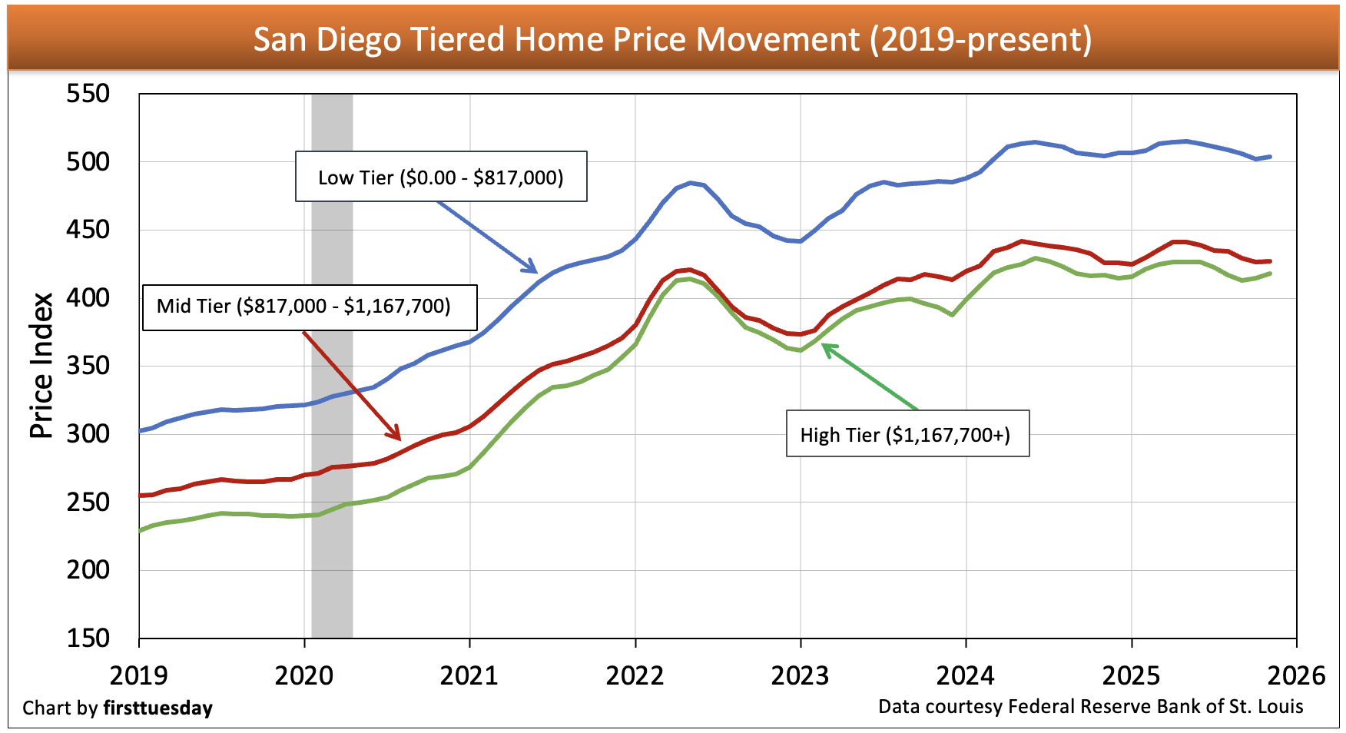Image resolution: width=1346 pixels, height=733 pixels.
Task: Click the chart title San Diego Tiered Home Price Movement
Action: [672, 39]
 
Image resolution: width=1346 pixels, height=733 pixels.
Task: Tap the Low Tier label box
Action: [441, 177]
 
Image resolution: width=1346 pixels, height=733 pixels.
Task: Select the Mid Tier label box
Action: [309, 307]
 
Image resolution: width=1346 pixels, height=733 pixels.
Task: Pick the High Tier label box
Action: [907, 435]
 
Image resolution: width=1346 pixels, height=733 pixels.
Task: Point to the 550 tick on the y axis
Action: [88, 94]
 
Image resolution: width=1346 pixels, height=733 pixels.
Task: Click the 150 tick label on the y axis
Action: [88, 638]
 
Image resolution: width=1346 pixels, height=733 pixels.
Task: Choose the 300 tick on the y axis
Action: [88, 433]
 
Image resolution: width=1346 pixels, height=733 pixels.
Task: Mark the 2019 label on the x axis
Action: [138, 675]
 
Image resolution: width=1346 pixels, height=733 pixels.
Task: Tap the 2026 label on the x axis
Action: [1296, 675]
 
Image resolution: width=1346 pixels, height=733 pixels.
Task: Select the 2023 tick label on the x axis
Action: [800, 675]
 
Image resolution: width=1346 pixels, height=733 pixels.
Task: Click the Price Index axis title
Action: [41, 366]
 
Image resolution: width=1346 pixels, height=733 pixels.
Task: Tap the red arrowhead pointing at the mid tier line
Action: [396, 436]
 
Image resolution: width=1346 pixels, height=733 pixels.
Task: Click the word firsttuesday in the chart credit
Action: [157, 708]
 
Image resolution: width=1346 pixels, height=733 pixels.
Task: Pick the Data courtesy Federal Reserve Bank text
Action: [1090, 706]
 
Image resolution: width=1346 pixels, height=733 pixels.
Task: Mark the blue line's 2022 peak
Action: [691, 183]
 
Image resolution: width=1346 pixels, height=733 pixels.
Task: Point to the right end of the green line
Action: [1270, 274]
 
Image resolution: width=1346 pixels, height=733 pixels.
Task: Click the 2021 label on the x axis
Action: [469, 675]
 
